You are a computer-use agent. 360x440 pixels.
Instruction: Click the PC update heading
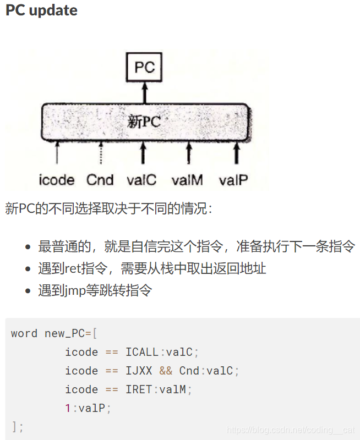(x=41, y=10)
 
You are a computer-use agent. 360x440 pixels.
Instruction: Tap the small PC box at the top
(x=145, y=67)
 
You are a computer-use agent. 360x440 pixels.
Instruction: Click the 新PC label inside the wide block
(x=144, y=122)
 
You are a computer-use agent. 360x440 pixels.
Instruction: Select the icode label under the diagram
(x=57, y=180)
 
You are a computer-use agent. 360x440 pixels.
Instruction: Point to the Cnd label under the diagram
(x=100, y=180)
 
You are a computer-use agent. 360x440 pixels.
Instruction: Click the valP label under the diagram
(x=234, y=180)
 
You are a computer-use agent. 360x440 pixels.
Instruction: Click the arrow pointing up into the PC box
(x=145, y=92)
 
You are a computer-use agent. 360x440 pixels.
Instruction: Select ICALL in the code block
(x=142, y=352)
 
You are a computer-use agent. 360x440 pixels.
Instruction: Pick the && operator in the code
(x=166, y=371)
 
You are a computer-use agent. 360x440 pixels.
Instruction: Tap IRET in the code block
(x=139, y=389)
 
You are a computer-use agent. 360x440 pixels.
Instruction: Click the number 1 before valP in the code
(x=68, y=408)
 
